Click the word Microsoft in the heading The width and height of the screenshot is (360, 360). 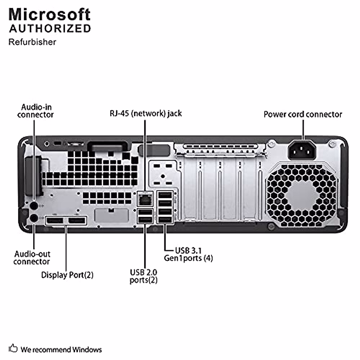pos(49,15)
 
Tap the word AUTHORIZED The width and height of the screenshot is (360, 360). pos(50,28)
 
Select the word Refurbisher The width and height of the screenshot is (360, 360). pos(32,42)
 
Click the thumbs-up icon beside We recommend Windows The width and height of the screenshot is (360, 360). pos(13,348)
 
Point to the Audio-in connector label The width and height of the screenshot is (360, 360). pos(35,111)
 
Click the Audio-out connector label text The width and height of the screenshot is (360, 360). pos(32,258)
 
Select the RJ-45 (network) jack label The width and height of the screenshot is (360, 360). pos(146,113)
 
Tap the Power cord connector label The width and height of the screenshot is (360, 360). pos(303,114)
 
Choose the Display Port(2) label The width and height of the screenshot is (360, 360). pos(67,275)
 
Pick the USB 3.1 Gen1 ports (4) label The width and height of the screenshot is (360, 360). pos(188,254)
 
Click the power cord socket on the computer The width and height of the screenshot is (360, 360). pos(302,150)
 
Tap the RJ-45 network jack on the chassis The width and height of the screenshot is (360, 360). pos(145,199)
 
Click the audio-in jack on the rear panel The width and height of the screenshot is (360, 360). pos(34,206)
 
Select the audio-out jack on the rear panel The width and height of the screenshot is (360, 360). pos(34,218)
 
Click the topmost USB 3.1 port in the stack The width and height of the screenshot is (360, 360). pos(165,195)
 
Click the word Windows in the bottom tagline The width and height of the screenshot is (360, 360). pos(87,349)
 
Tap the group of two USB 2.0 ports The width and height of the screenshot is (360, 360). pos(145,216)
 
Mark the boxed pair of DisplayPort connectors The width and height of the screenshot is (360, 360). pos(66,220)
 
